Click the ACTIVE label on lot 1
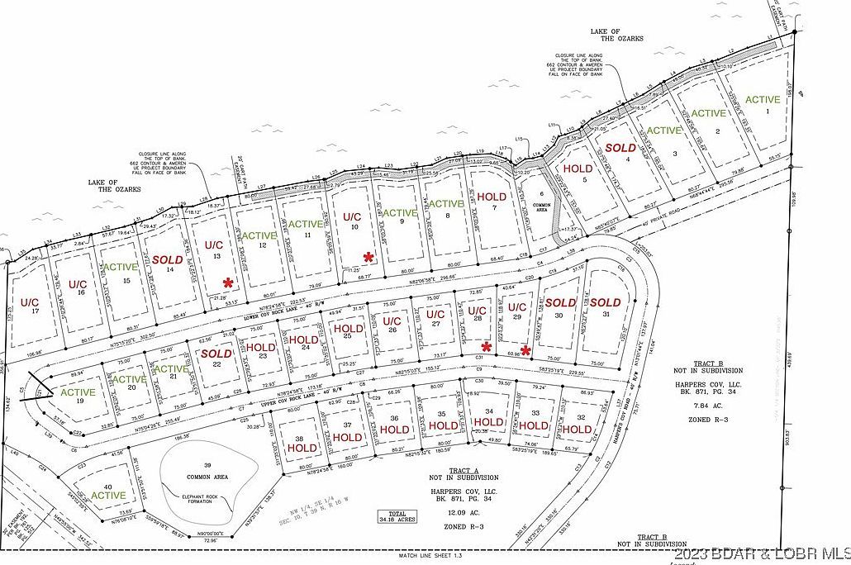click(x=763, y=100)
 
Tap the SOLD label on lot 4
click(x=620, y=148)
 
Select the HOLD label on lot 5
click(x=578, y=169)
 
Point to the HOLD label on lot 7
click(x=492, y=197)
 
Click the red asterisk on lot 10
click(x=368, y=258)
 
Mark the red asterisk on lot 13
click(x=227, y=282)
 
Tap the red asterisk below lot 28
click(x=487, y=346)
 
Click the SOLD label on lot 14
click(x=167, y=259)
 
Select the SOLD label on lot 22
click(x=216, y=354)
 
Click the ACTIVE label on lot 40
click(x=108, y=496)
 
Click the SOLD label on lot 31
click(x=605, y=302)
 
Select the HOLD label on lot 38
click(x=302, y=447)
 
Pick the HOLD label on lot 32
click(x=578, y=429)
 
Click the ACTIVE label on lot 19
click(x=78, y=392)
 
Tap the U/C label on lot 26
click(x=392, y=320)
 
